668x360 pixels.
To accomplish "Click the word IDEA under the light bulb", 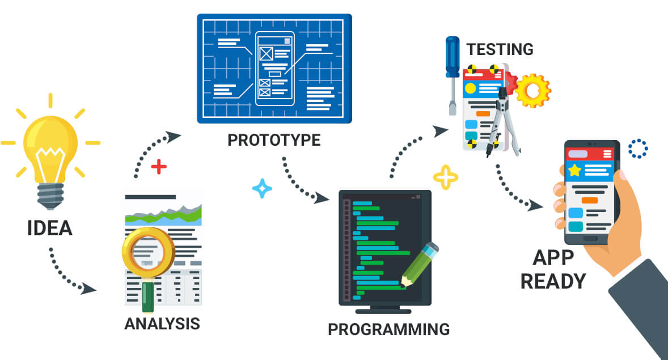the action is [49, 228].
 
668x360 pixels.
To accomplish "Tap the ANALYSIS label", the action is [162, 324].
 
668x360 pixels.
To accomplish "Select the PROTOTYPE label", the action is [274, 140].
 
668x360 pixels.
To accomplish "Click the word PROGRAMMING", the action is [388, 329].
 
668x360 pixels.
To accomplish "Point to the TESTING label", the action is [500, 49].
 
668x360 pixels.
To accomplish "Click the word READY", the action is [553, 282].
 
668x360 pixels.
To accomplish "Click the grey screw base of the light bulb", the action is [50, 196].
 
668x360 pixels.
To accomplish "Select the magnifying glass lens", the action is [148, 251].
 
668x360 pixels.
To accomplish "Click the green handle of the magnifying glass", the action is [148, 297].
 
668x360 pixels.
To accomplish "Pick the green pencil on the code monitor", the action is [419, 265].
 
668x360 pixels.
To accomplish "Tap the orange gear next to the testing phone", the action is [532, 91].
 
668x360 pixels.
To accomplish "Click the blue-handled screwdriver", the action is [452, 75].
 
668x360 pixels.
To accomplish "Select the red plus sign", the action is [159, 167].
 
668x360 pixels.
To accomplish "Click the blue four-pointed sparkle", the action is [262, 188].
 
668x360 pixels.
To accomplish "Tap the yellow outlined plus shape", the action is [446, 177].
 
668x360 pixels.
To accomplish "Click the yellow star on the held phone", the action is [574, 171].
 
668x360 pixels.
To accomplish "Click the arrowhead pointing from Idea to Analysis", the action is [88, 289].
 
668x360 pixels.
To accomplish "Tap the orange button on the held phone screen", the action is [590, 200].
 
